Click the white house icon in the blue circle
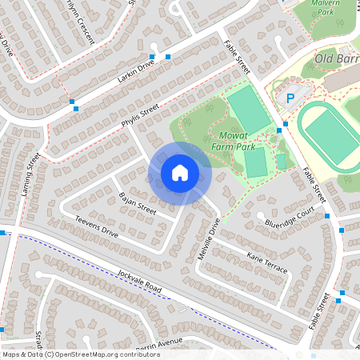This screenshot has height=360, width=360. point(180,172)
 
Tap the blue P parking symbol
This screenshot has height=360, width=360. point(290,98)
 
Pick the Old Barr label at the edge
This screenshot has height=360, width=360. point(335,58)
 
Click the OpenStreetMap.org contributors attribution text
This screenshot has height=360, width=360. point(92,354)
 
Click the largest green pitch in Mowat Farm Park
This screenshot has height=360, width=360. point(249,110)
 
